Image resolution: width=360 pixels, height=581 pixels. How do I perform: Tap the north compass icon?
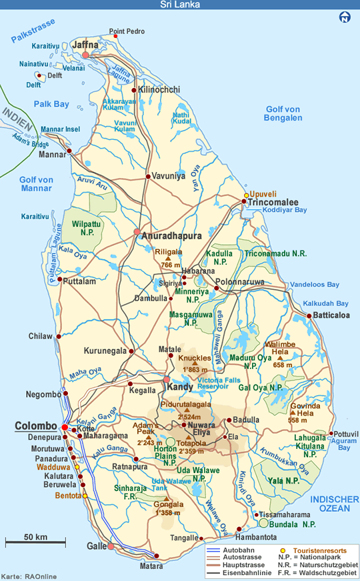(x=345, y=18)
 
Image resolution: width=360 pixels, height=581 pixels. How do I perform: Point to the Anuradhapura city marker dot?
(x=137, y=233)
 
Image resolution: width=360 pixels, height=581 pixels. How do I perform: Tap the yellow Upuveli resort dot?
(x=246, y=195)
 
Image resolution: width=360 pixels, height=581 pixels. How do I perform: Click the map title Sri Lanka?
(x=180, y=5)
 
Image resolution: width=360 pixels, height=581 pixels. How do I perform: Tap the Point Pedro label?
(x=126, y=31)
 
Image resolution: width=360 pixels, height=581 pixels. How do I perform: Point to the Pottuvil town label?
(x=345, y=433)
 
